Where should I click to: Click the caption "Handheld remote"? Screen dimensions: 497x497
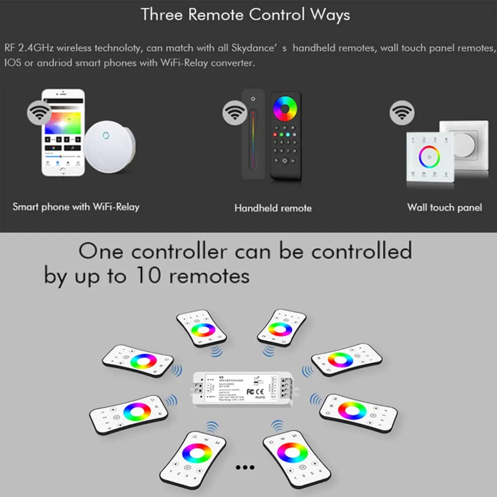pos(273,208)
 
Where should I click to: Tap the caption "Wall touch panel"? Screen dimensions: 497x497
pos(444,207)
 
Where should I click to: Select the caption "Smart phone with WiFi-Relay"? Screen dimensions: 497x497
pos(76,206)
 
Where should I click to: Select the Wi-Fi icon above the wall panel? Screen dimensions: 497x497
pos(402,113)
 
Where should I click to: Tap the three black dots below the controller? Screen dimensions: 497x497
pos(245,467)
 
